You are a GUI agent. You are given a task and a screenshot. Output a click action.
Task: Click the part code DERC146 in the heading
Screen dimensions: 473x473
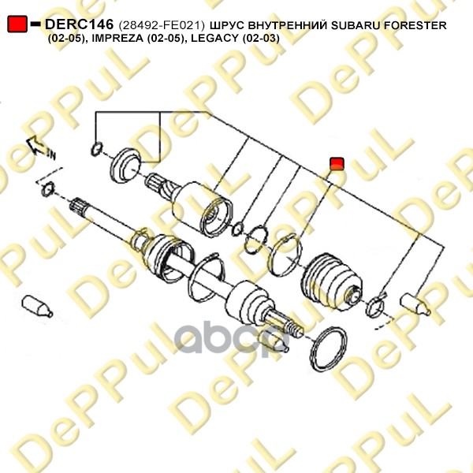pyautogui.click(x=79, y=24)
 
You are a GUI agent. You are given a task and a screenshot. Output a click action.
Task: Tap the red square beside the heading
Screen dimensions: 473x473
pyautogui.click(x=17, y=24)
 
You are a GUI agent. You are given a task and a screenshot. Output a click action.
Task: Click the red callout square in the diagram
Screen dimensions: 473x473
pyautogui.click(x=337, y=163)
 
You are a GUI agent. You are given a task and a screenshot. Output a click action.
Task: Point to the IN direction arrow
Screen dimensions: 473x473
pyautogui.click(x=39, y=147)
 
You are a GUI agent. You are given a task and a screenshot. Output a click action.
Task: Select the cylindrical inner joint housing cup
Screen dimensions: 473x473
pyautogui.click(x=202, y=208)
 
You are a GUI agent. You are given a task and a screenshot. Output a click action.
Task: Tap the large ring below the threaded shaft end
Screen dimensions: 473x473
pyautogui.click(x=329, y=349)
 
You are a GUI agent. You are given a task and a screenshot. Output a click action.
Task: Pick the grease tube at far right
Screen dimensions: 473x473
pyautogui.click(x=415, y=304)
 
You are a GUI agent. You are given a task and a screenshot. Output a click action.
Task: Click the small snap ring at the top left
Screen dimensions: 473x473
pyautogui.click(x=96, y=149)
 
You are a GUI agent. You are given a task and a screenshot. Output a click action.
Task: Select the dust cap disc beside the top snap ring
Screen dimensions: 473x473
pyautogui.click(x=126, y=166)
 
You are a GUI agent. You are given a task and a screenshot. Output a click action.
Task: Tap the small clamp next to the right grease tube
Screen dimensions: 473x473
pyautogui.click(x=375, y=306)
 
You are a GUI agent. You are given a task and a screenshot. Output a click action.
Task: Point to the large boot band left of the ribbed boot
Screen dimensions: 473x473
pyautogui.click(x=285, y=255)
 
